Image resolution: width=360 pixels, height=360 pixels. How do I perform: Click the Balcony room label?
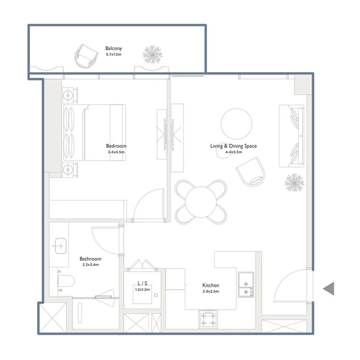coord(113,49)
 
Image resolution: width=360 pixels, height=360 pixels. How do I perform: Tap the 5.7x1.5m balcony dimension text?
coord(113,55)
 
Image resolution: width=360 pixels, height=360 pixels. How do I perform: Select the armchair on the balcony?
coord(86,56)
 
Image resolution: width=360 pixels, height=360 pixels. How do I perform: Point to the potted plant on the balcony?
coord(152,54)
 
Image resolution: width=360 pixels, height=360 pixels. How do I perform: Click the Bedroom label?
coord(116,146)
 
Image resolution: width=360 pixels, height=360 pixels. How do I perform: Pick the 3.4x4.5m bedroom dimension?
coord(116,152)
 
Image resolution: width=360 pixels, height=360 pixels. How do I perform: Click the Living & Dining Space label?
coord(233,146)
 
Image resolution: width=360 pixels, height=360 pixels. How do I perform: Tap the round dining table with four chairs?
coord(201,202)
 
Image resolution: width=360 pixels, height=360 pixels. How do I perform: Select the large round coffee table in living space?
coord(236,124)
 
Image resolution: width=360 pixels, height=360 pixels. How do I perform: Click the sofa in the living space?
coord(292,136)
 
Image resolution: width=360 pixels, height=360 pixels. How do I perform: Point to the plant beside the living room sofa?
coord(295,182)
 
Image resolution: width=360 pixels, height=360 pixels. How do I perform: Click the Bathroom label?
coord(91,259)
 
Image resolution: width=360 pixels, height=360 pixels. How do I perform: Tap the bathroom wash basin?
coord(61,246)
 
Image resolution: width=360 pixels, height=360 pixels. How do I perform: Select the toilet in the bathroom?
coord(66,281)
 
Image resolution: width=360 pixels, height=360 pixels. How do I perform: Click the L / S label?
coord(142,283)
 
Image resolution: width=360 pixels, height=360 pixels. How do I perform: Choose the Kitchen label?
coord(211,285)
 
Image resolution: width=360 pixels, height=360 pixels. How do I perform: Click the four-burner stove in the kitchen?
coord(208,319)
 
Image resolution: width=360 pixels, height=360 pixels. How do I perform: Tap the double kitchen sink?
coord(246,284)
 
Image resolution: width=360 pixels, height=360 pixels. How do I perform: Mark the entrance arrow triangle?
coord(329,289)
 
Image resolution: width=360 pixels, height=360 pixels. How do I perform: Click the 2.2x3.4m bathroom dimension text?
coord(91,265)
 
